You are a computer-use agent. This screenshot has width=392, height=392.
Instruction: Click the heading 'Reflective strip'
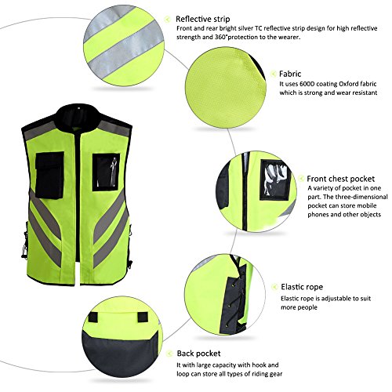pyautogui.click(x=202, y=19)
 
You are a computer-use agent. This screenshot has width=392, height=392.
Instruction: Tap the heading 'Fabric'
pyautogui.click(x=290, y=74)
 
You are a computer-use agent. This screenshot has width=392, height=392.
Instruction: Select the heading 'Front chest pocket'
pyautogui.click(x=340, y=179)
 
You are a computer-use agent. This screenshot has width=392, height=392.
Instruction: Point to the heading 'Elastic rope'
pyautogui.click(x=302, y=287)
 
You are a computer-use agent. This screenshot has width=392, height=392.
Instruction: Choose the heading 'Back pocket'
pyautogui.click(x=198, y=354)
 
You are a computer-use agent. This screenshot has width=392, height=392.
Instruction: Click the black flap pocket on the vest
pyautogui.click(x=49, y=175)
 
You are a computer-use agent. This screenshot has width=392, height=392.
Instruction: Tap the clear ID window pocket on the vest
pyautogui.click(x=106, y=172)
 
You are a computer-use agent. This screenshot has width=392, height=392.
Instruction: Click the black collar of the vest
pyautogui.click(x=78, y=118)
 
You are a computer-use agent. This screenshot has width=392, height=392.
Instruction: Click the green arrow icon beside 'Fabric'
pyautogui.click(x=273, y=74)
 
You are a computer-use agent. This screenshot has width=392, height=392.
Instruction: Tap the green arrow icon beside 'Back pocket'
pyautogui.click(x=170, y=354)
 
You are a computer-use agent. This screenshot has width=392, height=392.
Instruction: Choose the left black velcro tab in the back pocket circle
pyautogui.click(x=93, y=318)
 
